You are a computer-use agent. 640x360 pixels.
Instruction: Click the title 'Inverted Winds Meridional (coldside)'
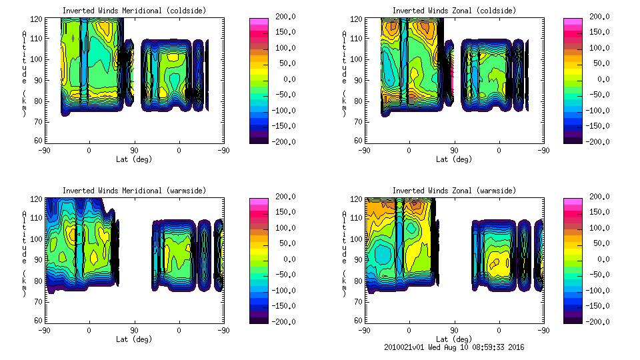(134, 11)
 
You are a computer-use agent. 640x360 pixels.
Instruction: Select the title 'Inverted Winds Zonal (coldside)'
(454, 11)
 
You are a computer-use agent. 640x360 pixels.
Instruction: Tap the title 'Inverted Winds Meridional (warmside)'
(134, 191)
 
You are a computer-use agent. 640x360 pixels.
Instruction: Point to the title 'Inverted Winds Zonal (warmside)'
(454, 191)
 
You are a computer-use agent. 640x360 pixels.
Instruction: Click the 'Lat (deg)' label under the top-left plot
(134, 159)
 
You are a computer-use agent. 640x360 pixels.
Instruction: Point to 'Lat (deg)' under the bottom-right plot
(454, 339)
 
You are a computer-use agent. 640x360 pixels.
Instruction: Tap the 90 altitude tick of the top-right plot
(354, 80)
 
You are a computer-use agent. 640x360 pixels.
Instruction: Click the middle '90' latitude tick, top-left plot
(134, 151)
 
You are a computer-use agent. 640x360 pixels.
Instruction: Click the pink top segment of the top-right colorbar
(573, 21)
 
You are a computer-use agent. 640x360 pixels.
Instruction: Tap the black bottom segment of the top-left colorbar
(259, 139)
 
